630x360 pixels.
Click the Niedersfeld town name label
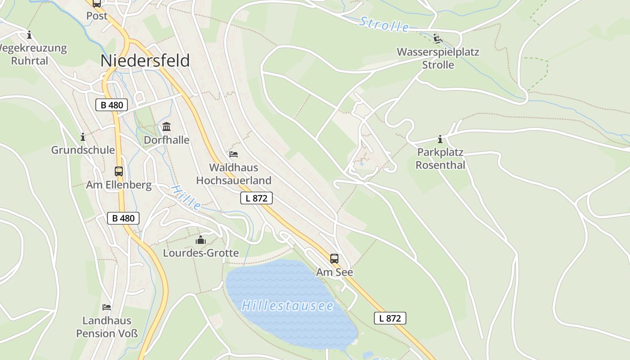click(x=145, y=61)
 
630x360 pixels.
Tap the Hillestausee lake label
click(x=288, y=306)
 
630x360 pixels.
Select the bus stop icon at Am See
click(x=334, y=258)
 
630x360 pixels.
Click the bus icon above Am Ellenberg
click(x=119, y=171)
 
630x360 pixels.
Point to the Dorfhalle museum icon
click(x=166, y=126)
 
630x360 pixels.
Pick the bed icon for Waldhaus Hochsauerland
click(x=234, y=154)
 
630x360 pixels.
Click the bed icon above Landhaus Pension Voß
click(x=107, y=307)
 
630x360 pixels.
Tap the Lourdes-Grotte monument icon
click(x=201, y=239)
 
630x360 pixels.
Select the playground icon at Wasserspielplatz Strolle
click(x=438, y=39)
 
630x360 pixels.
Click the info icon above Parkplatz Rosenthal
click(x=440, y=139)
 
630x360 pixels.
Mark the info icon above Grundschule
click(x=83, y=137)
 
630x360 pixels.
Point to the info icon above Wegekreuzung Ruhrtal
click(x=30, y=35)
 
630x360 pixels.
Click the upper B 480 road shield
click(x=112, y=105)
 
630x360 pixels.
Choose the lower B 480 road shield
click(x=123, y=218)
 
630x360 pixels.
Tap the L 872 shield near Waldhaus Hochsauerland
click(x=256, y=198)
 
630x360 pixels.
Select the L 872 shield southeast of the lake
click(x=390, y=318)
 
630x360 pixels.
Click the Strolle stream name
click(x=384, y=25)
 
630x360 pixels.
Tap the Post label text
click(x=97, y=16)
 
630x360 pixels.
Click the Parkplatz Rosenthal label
click(x=440, y=158)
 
